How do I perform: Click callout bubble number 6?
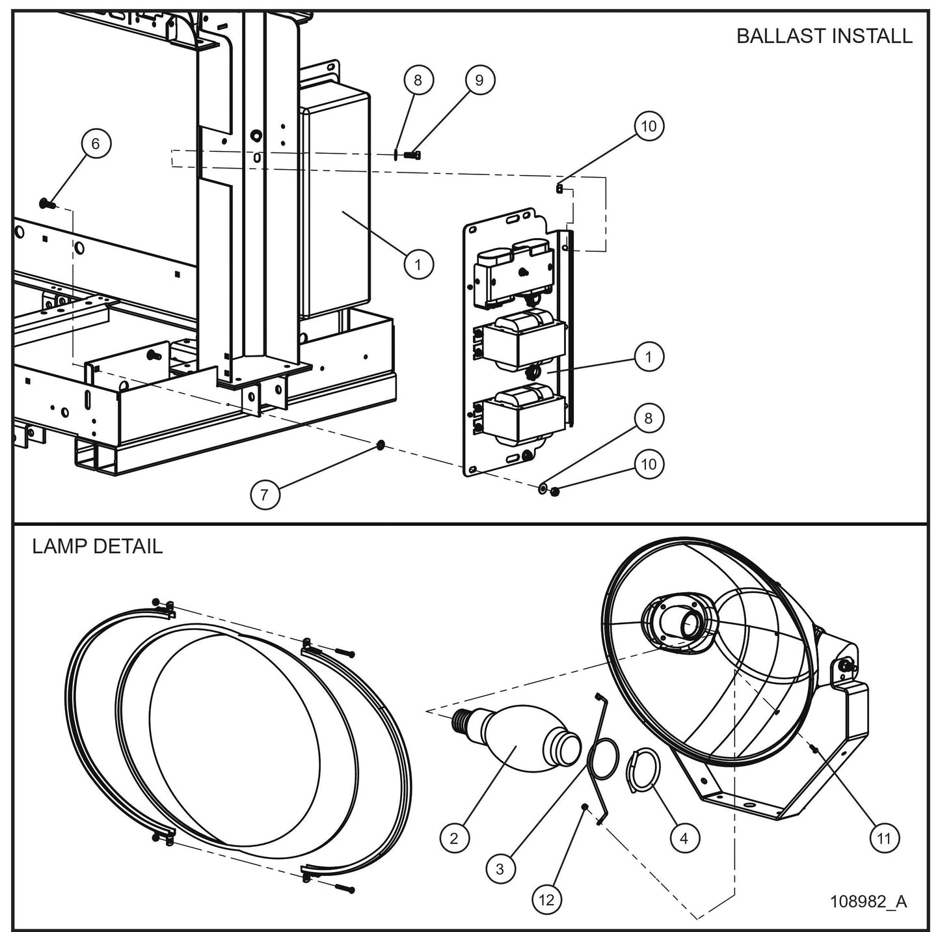click(x=96, y=144)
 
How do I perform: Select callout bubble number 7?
click(x=264, y=495)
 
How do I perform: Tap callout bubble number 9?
click(x=479, y=80)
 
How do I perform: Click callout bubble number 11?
click(x=883, y=839)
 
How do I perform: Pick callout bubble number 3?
click(x=500, y=869)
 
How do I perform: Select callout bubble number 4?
click(x=684, y=839)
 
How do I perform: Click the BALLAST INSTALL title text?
click(x=824, y=36)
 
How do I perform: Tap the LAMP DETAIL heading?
click(x=98, y=546)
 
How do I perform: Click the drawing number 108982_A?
click(x=868, y=901)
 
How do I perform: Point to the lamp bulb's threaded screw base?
click(x=462, y=721)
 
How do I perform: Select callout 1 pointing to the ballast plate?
click(x=649, y=357)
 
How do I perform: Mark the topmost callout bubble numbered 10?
click(x=649, y=126)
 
